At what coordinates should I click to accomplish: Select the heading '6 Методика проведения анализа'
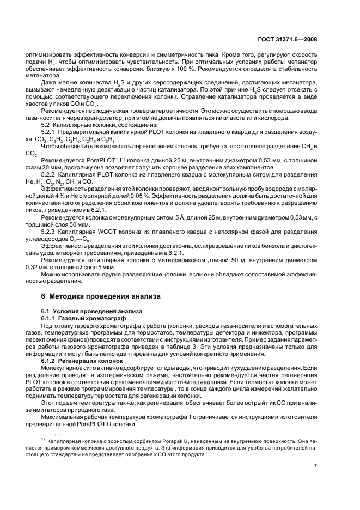[101, 296]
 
